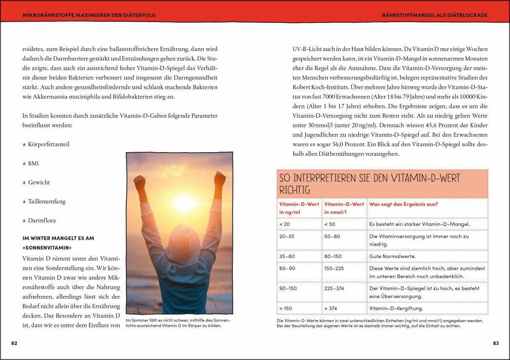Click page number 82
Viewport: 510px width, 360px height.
tap(14, 343)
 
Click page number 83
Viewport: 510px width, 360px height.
tap(496, 343)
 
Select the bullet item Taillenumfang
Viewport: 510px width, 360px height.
tap(47, 201)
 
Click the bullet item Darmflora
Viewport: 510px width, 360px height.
tap(42, 221)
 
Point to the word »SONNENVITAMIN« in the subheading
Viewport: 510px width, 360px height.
tap(47, 247)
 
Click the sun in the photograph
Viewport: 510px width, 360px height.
tap(184, 203)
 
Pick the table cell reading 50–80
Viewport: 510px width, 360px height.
tap(332, 236)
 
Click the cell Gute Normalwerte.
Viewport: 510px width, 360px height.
tap(392, 256)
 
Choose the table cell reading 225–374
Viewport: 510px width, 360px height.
tap(334, 288)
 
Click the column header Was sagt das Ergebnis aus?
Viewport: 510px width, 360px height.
tap(403, 204)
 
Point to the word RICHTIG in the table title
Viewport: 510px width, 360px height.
tap(295, 190)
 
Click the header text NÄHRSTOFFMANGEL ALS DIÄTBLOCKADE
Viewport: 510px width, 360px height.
tap(434, 15)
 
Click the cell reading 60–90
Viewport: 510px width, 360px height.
tap(287, 268)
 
